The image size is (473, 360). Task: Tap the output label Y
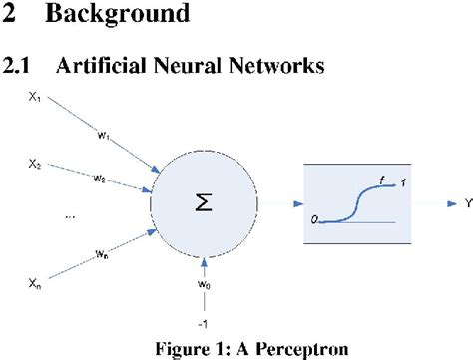[440, 204]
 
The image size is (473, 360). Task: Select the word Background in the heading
[120, 15]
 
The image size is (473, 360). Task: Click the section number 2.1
[20, 66]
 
